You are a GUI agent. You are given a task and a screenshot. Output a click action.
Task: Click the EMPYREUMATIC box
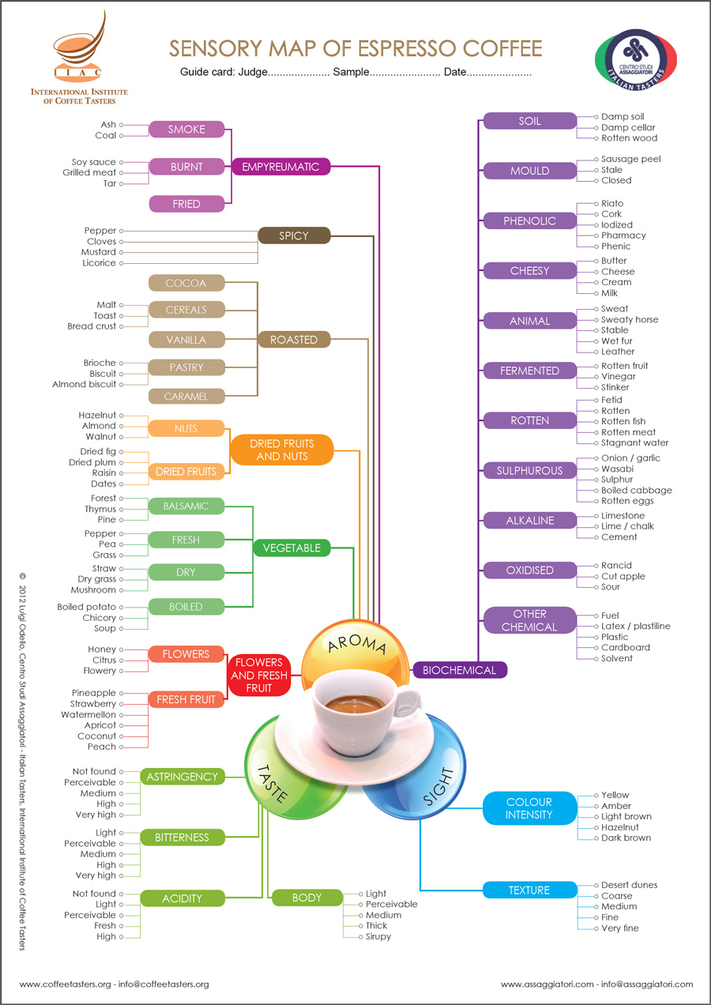pos(280,167)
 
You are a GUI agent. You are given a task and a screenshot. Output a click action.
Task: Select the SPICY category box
pos(294,235)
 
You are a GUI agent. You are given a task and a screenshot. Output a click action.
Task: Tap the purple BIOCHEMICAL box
pos(459,670)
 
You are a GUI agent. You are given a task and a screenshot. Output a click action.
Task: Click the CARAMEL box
pos(186,397)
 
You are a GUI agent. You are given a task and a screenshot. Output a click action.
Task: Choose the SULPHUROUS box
pos(529,471)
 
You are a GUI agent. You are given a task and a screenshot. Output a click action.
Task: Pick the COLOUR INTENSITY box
pos(529,808)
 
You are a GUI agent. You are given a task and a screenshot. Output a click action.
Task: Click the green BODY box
pos(307,898)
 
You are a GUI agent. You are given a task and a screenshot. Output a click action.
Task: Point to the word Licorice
pos(100,263)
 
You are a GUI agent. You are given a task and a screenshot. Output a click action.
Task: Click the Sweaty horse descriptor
pos(630,320)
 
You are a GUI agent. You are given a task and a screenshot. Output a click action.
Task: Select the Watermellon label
pos(88,715)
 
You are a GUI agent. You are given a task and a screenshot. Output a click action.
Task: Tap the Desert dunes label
pos(629,886)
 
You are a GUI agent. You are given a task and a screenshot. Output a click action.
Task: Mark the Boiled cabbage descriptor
pos(636,490)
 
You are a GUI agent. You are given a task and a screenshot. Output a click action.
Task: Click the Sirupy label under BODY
pos(378,937)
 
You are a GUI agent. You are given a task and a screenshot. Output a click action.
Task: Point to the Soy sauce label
pos(94,162)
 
